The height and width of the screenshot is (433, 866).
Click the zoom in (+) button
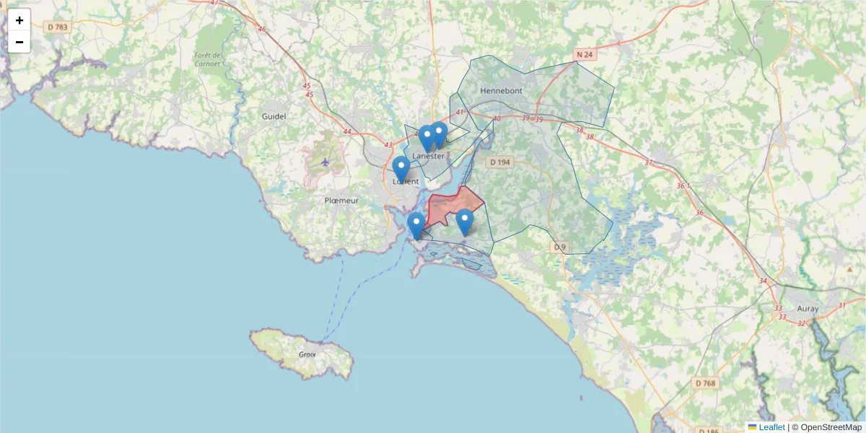[x=19, y=20]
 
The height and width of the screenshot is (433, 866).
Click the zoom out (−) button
[x=19, y=42]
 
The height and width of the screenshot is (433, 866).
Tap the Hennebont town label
[x=500, y=91]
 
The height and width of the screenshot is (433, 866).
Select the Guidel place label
[x=274, y=115]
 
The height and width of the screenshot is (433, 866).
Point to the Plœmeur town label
[x=341, y=201]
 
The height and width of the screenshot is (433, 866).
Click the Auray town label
[x=808, y=308]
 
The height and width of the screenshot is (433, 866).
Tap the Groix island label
[x=307, y=354]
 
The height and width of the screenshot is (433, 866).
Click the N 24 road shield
[x=585, y=54]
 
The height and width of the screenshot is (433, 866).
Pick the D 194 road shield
[x=499, y=162]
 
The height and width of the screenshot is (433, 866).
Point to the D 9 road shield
[x=560, y=248]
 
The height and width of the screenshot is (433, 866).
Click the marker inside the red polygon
[x=465, y=222]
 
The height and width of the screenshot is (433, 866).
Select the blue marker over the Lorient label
[x=401, y=170]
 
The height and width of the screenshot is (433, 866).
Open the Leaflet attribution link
[x=771, y=427]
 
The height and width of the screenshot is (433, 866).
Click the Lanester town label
[x=429, y=156]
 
